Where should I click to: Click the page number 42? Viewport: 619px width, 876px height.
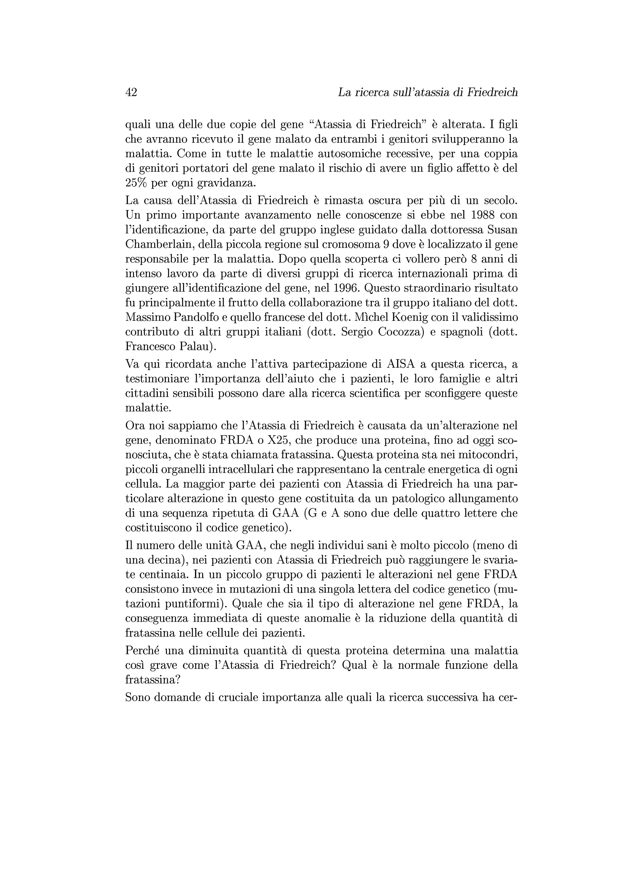pos(131,92)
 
